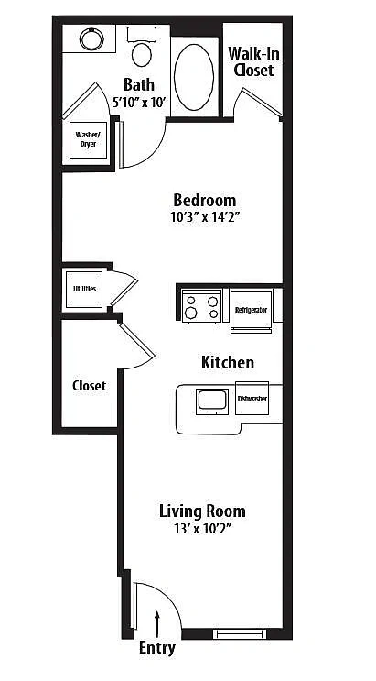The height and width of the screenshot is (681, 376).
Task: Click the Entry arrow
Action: click(x=157, y=624)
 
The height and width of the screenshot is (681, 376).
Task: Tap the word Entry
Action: click(x=157, y=648)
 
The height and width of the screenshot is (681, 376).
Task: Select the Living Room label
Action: click(x=202, y=511)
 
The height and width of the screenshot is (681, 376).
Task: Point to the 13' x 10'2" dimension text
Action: click(x=202, y=529)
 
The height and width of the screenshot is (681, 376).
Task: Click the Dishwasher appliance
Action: click(x=252, y=399)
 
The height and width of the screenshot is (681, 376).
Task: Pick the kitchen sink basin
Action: click(x=212, y=401)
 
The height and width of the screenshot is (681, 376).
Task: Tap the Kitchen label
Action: click(x=227, y=363)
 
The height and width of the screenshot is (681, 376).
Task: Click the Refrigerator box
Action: click(x=251, y=310)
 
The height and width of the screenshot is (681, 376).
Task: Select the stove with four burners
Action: click(x=201, y=306)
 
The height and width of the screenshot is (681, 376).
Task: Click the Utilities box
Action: click(x=84, y=290)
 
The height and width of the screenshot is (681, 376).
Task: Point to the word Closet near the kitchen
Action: click(x=90, y=386)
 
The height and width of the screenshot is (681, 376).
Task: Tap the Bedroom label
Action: click(x=205, y=201)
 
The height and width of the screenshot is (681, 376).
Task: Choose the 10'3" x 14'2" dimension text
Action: click(x=206, y=217)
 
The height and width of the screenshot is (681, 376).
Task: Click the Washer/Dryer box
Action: click(x=89, y=140)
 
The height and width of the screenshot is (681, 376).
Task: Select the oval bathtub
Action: click(x=194, y=77)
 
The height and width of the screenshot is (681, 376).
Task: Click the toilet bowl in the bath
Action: click(x=142, y=53)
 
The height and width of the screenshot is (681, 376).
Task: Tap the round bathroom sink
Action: click(x=91, y=39)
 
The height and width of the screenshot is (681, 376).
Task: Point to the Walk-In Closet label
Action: click(x=253, y=61)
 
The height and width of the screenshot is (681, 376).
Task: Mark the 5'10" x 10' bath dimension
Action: click(x=140, y=102)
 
